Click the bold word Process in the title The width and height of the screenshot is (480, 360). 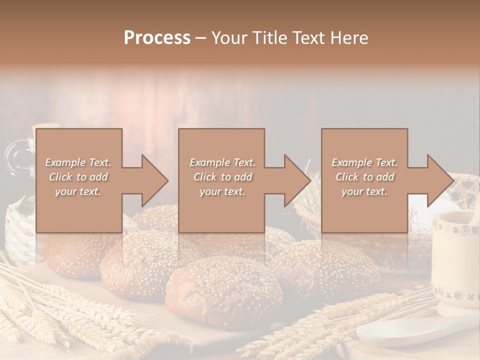pyautogui.click(x=157, y=38)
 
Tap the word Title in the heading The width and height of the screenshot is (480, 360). pyautogui.click(x=270, y=38)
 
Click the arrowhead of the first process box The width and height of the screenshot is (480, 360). pyautogui.click(x=155, y=180)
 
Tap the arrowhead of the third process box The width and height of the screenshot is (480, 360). pyautogui.click(x=440, y=180)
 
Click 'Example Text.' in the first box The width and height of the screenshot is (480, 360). pyautogui.click(x=78, y=162)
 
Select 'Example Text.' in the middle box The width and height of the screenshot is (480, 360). pyautogui.click(x=222, y=162)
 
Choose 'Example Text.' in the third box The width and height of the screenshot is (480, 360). pyautogui.click(x=364, y=162)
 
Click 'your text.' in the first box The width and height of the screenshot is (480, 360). pyautogui.click(x=78, y=191)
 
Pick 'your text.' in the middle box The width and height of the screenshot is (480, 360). pyautogui.click(x=222, y=191)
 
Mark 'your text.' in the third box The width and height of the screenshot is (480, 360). pyautogui.click(x=364, y=191)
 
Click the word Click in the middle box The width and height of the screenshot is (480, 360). pyautogui.click(x=205, y=177)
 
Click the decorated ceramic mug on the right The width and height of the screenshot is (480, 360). pyautogui.click(x=456, y=260)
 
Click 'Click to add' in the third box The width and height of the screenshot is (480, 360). pyautogui.click(x=364, y=177)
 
